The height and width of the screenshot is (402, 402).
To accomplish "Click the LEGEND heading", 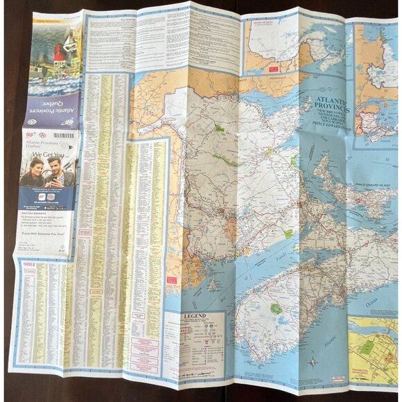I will [x=192, y=317].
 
